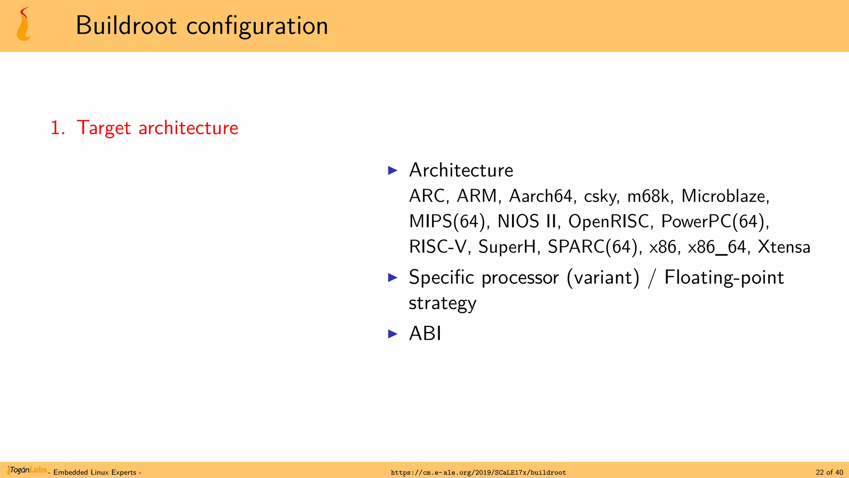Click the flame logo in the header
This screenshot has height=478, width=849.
pyautogui.click(x=24, y=24)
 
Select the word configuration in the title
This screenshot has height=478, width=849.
pyautogui.click(x=257, y=26)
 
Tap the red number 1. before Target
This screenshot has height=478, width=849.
pyautogui.click(x=58, y=128)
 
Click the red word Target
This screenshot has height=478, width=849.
pyautogui.click(x=104, y=128)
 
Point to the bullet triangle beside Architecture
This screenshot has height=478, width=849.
pyautogui.click(x=393, y=170)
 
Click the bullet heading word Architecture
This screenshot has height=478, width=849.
pyautogui.click(x=461, y=170)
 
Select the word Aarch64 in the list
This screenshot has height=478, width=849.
pyautogui.click(x=541, y=196)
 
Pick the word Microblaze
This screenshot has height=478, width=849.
pyautogui.click(x=725, y=196)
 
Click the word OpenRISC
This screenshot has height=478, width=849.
pyautogui.click(x=608, y=221)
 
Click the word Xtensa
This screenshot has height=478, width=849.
pyautogui.click(x=784, y=247)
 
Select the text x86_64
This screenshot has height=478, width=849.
pyautogui.click(x=717, y=247)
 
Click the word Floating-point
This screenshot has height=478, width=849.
pyautogui.click(x=724, y=278)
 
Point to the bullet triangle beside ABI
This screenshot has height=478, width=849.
pyautogui.click(x=393, y=334)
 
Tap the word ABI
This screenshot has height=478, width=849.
pyautogui.click(x=425, y=333)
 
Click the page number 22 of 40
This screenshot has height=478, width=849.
pyautogui.click(x=829, y=472)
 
